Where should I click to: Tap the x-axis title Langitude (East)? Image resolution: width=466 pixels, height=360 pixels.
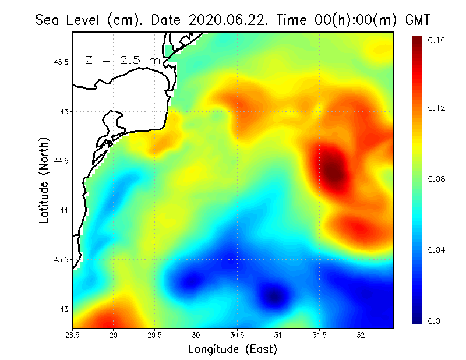coord(232,349)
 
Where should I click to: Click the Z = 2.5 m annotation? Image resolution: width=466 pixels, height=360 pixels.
coord(123,59)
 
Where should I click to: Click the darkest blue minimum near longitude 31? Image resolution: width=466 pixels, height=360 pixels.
coord(274,297)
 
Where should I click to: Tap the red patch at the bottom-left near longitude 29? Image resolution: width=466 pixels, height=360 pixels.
coord(108,320)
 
